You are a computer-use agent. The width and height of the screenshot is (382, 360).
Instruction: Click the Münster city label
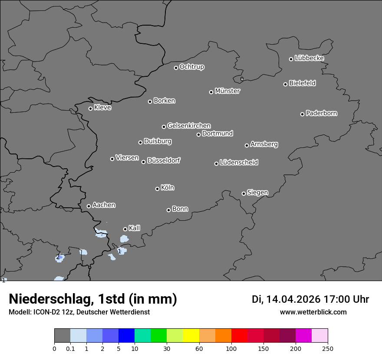[x=227, y=91]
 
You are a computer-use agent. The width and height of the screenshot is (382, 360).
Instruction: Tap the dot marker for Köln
[x=157, y=189]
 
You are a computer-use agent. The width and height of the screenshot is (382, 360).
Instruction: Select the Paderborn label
[x=322, y=113]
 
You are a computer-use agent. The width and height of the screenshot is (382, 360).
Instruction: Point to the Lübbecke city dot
[x=291, y=59]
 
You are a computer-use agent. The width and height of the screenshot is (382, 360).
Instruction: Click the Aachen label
[x=104, y=205]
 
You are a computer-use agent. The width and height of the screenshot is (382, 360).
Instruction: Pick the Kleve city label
[x=102, y=108]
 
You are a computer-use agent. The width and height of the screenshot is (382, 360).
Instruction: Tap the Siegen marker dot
[x=244, y=193]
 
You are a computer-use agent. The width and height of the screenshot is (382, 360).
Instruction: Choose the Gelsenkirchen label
[x=189, y=126]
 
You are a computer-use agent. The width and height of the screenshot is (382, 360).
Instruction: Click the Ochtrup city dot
[x=176, y=68]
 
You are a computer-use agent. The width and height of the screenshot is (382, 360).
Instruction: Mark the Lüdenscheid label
[x=239, y=163]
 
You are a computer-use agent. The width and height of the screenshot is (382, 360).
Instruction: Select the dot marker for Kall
[x=125, y=229]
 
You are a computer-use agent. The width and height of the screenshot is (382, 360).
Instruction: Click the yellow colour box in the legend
[x=191, y=336]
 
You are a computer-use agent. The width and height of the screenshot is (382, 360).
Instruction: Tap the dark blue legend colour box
[x=126, y=336]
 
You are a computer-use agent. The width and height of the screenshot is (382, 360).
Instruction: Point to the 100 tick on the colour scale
[x=231, y=348]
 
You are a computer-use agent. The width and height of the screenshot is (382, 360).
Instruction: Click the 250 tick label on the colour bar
[x=328, y=348]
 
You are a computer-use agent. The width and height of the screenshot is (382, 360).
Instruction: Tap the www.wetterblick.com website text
[x=313, y=312]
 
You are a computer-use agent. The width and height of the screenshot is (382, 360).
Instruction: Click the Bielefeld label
[x=302, y=83]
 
